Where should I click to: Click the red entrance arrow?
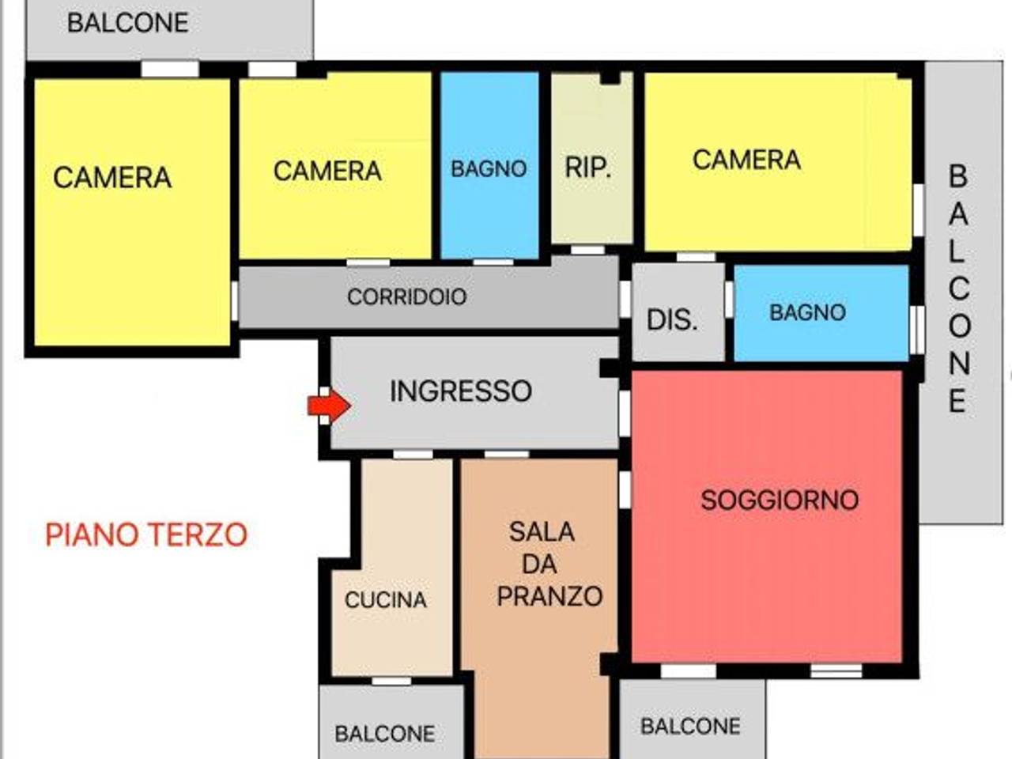[329, 406]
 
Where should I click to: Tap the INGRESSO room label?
[460, 391]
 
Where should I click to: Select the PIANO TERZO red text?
[146, 535]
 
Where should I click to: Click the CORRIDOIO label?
[406, 297]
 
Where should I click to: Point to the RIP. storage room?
[588, 168]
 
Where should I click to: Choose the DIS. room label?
[672, 320]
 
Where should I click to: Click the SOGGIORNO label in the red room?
[780, 500]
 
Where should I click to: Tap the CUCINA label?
[386, 600]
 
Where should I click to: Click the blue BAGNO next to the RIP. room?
[489, 168]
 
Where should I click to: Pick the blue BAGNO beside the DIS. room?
[807, 312]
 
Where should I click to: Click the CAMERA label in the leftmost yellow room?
[112, 178]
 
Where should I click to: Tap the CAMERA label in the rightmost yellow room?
[746, 160]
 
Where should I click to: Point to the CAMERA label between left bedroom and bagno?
[327, 171]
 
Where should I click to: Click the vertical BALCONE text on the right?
[957, 289]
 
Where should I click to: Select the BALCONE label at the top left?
[127, 23]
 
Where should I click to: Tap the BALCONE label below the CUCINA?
[384, 734]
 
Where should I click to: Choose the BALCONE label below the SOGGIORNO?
[690, 726]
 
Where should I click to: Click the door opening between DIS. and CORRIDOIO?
[625, 298]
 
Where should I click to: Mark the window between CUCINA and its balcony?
[391, 681]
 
